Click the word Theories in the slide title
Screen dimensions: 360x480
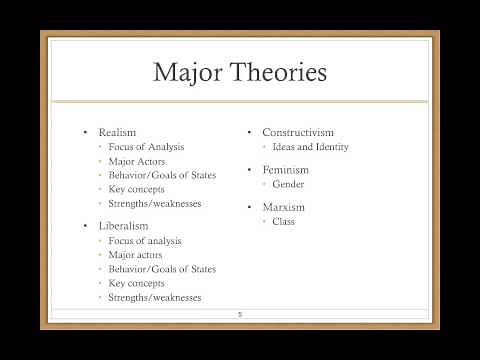coord(278,72)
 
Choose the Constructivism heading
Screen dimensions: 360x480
coord(298,132)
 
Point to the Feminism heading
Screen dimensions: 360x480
coord(285,170)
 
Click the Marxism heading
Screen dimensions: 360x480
coord(283,207)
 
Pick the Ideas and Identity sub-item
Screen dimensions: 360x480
coord(312,147)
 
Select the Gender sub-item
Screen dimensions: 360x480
coord(289,185)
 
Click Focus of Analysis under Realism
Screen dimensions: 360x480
coord(149,147)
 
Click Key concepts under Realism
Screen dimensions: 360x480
coord(140,189)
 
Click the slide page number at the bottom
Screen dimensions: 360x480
coord(240,315)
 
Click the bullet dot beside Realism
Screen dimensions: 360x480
coord(86,132)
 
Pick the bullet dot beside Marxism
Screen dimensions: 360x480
coord(250,207)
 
